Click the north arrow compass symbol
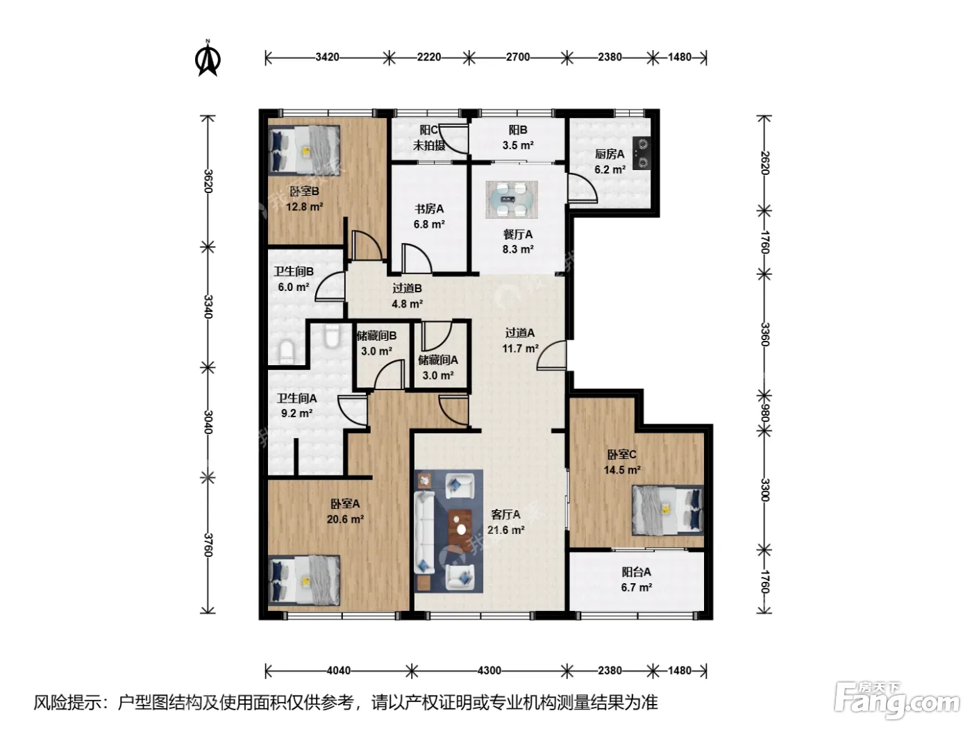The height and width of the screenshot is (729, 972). (x=208, y=58)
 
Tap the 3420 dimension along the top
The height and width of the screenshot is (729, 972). (x=327, y=57)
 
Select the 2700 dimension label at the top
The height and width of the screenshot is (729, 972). (x=518, y=57)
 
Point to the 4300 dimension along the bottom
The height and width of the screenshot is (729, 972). (x=489, y=671)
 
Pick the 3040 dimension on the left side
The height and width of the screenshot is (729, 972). (x=208, y=422)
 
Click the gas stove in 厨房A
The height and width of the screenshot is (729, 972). (x=642, y=153)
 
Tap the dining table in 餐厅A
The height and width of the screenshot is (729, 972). (x=512, y=200)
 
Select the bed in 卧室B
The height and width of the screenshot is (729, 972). (x=304, y=149)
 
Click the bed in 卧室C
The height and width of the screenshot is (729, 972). (x=668, y=510)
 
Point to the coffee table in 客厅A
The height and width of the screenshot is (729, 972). (x=460, y=530)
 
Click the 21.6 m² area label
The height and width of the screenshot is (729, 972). (x=505, y=530)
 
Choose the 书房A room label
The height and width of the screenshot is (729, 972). (x=429, y=209)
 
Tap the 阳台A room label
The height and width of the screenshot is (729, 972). (x=637, y=572)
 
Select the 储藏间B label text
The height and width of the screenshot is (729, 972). (x=376, y=336)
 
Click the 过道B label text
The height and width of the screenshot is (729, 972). (x=407, y=289)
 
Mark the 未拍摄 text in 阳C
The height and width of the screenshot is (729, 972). (x=428, y=145)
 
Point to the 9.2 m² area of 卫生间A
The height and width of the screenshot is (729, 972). (x=296, y=413)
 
